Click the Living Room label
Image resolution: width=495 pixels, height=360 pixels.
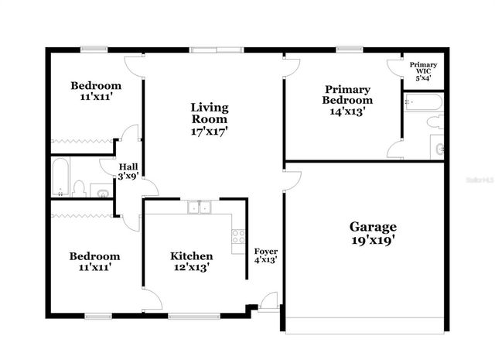[210, 119]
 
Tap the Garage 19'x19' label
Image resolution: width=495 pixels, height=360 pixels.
[373, 233]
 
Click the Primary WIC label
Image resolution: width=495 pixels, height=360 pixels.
[423, 70]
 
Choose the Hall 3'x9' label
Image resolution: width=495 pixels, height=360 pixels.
[128, 172]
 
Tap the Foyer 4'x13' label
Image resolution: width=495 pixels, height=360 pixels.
[266, 256]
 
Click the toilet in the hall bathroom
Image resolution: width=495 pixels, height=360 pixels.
[79, 187]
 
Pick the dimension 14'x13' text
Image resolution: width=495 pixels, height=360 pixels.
[347, 111]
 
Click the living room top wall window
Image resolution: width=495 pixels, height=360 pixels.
[217, 51]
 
